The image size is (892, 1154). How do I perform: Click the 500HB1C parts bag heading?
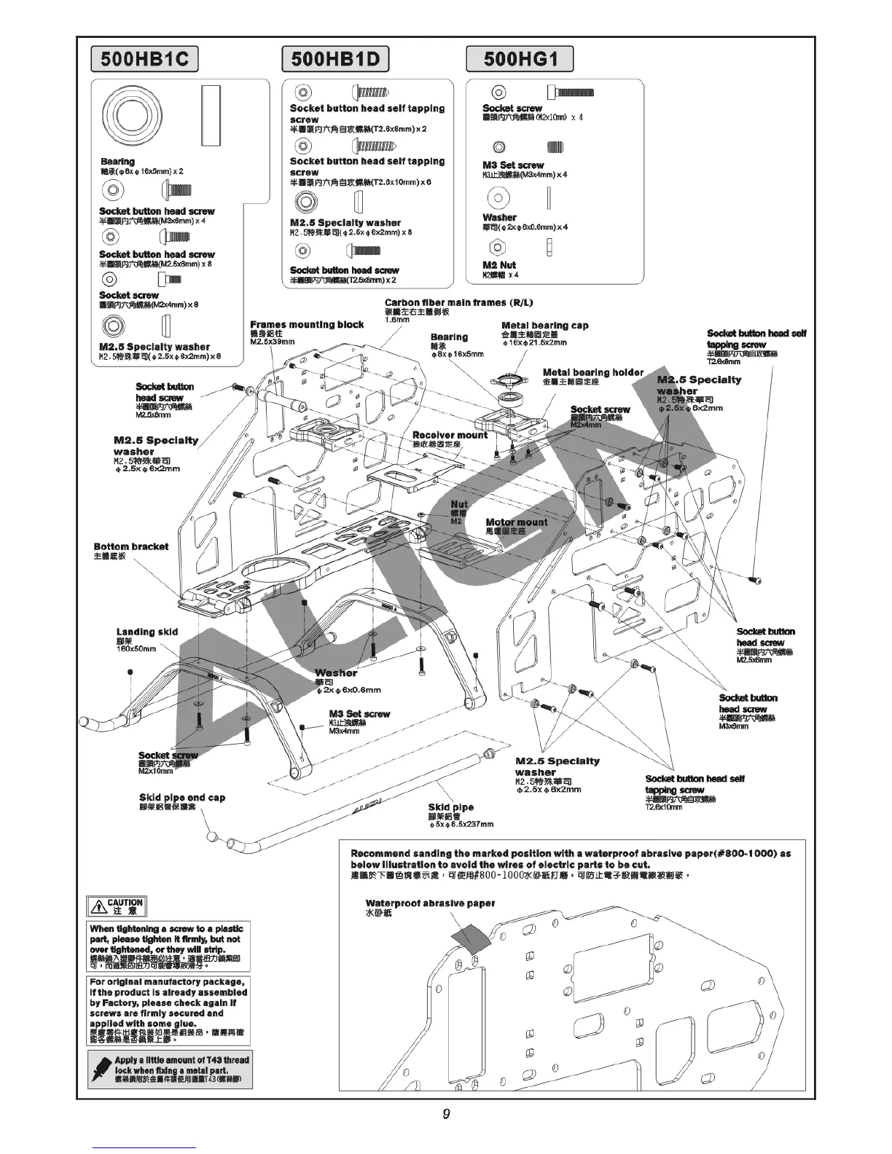pyautogui.click(x=144, y=59)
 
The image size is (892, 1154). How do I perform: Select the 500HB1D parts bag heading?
pyautogui.click(x=335, y=59)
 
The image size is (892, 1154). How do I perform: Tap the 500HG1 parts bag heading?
pyautogui.click(x=520, y=59)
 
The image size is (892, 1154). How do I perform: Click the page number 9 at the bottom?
pyautogui.click(x=445, y=1114)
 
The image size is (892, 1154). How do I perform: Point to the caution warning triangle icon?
pyautogui.click(x=98, y=907)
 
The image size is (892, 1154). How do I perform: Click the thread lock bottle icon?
pyautogui.click(x=101, y=1069)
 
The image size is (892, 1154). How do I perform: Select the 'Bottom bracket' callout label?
pyautogui.click(x=130, y=546)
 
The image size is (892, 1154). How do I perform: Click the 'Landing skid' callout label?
pyautogui.click(x=146, y=632)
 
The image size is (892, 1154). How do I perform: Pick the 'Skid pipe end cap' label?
pyautogui.click(x=182, y=798)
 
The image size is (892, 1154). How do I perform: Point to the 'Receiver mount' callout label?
pyautogui.click(x=450, y=435)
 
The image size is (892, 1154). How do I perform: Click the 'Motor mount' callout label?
pyautogui.click(x=516, y=522)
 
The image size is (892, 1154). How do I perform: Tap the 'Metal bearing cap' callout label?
pyautogui.click(x=544, y=326)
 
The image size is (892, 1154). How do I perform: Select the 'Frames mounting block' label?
pyautogui.click(x=307, y=325)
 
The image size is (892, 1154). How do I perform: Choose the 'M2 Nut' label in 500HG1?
pyautogui.click(x=498, y=265)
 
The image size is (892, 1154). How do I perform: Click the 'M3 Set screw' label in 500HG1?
pyautogui.click(x=513, y=165)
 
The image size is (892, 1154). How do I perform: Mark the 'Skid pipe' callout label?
pyautogui.click(x=450, y=807)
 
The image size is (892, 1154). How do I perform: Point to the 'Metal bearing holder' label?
pyautogui.click(x=593, y=372)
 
